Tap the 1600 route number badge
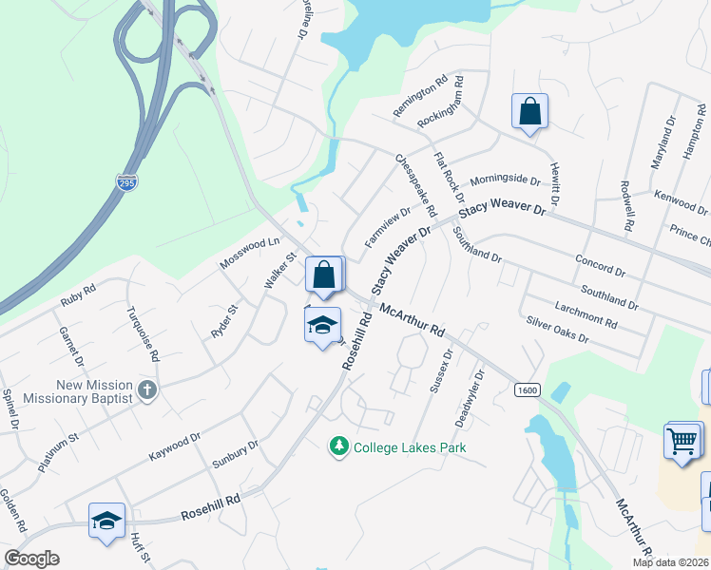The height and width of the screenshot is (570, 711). click(528, 390)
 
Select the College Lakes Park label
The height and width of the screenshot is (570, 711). click(410, 446)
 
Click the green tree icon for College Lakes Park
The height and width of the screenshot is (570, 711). click(338, 446)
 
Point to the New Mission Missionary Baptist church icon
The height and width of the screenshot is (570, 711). click(146, 389)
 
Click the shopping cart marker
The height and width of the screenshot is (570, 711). click(683, 443)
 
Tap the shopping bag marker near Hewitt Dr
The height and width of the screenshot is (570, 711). click(529, 112)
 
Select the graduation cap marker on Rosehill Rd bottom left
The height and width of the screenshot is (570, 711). click(106, 521)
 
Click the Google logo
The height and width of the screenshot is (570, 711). click(32, 559)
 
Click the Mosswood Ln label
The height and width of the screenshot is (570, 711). click(250, 254)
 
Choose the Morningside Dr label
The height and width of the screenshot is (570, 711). click(505, 180)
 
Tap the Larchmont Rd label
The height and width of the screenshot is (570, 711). click(585, 313)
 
